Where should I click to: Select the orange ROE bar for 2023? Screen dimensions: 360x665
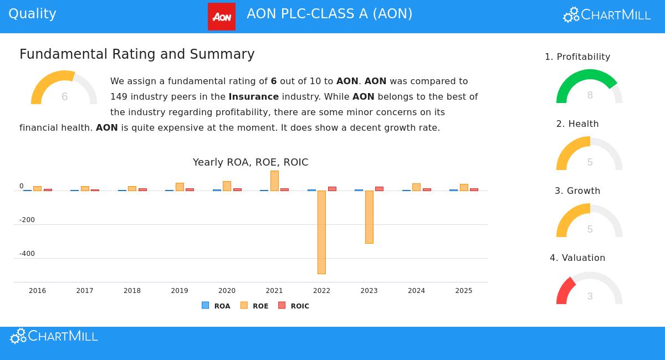pyautogui.click(x=369, y=217)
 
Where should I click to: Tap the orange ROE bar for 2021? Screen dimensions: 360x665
pyautogui.click(x=274, y=181)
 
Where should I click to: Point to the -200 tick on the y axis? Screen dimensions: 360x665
pyautogui.click(x=27, y=220)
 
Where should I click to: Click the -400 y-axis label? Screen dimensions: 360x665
pyautogui.click(x=27, y=254)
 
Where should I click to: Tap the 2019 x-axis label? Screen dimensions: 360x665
pyautogui.click(x=180, y=291)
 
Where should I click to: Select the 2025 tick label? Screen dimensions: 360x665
pyautogui.click(x=464, y=291)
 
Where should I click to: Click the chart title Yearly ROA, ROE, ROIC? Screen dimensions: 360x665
pyautogui.click(x=250, y=162)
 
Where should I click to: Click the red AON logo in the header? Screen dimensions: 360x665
pyautogui.click(x=222, y=17)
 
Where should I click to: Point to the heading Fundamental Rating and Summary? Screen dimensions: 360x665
pyautogui.click(x=137, y=54)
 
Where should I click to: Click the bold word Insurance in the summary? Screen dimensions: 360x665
pyautogui.click(x=254, y=96)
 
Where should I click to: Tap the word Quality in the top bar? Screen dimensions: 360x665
pyautogui.click(x=32, y=14)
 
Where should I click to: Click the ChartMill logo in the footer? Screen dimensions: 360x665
pyautogui.click(x=54, y=336)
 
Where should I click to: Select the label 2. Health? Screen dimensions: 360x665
pyautogui.click(x=577, y=124)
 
